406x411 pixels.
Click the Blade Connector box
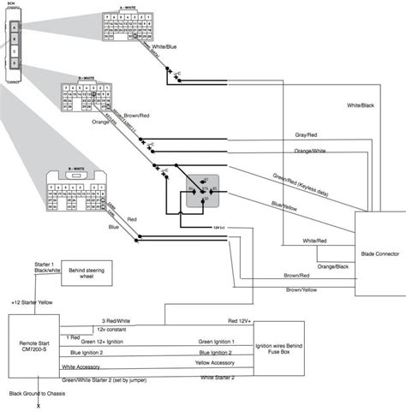(379, 253)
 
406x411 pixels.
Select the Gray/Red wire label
(307, 135)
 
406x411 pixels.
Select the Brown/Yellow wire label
(302, 290)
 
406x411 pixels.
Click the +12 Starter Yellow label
(32, 302)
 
